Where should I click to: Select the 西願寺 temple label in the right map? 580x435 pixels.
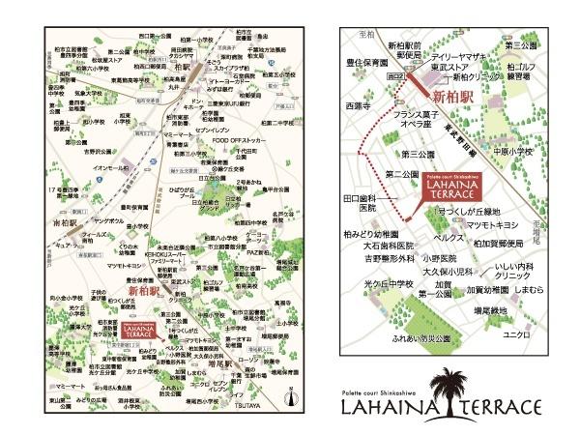coord(358,105)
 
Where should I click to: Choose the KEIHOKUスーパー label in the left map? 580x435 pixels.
coord(171,253)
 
